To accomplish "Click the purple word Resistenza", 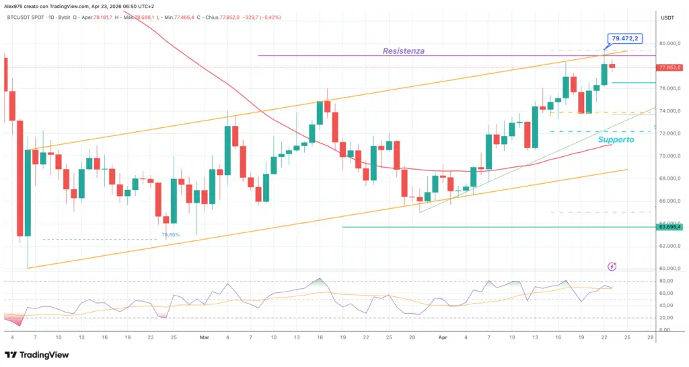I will pyautogui.click(x=403, y=51).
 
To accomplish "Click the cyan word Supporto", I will pyautogui.click(x=616, y=139).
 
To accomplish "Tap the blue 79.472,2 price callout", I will pyautogui.click(x=624, y=39).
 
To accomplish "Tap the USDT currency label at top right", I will pyautogui.click(x=667, y=18).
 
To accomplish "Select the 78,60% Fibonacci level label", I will pyautogui.click(x=170, y=234).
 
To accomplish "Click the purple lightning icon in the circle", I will pyautogui.click(x=612, y=267).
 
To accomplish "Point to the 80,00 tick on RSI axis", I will pyautogui.click(x=668, y=281).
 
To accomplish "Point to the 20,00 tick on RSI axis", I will pyautogui.click(x=668, y=318).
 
